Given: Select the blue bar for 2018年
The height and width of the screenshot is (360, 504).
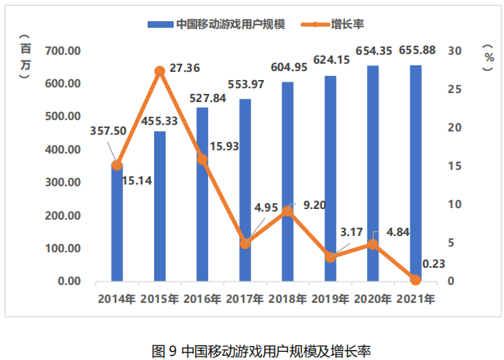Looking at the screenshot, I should pyautogui.click(x=288, y=184).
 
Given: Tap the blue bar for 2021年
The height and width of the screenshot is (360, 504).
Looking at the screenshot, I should pyautogui.click(x=416, y=173).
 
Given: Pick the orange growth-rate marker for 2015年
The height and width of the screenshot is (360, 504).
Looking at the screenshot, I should pyautogui.click(x=160, y=72).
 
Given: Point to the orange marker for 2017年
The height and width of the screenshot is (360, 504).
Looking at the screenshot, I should pyautogui.click(x=245, y=243).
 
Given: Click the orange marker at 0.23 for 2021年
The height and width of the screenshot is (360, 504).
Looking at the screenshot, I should pyautogui.click(x=416, y=279).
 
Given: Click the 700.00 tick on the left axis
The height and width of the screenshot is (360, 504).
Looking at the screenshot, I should pyautogui.click(x=64, y=51).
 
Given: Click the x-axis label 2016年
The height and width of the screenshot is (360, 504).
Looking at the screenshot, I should pyautogui.click(x=202, y=299).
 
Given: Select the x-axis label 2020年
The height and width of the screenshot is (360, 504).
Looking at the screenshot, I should pyautogui.click(x=373, y=299).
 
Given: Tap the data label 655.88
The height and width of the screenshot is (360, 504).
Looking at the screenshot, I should pyautogui.click(x=418, y=51).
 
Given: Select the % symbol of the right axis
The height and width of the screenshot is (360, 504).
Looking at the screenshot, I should pyautogui.click(x=488, y=58).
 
